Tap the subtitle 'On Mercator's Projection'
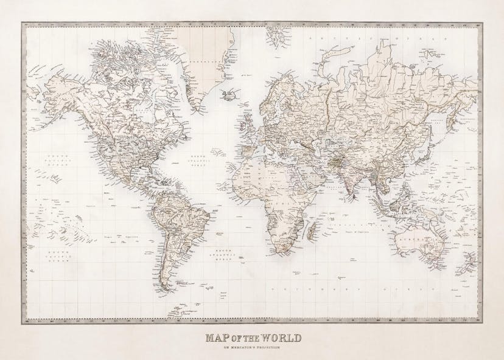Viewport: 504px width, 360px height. [x=252, y=347]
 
